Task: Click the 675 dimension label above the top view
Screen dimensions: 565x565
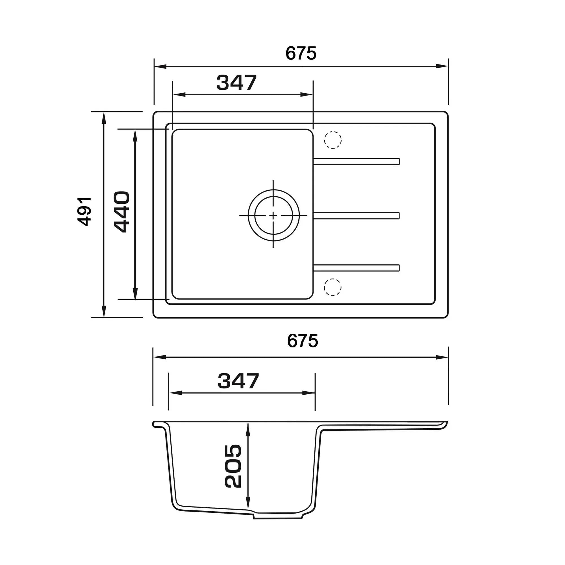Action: (x=301, y=53)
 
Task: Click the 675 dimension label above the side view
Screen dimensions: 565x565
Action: (x=302, y=341)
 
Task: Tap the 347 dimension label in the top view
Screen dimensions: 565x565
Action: (x=236, y=82)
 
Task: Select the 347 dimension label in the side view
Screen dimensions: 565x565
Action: (x=238, y=381)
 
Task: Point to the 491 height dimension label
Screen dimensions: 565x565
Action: (x=84, y=211)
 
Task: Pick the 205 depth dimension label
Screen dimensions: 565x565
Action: (x=233, y=466)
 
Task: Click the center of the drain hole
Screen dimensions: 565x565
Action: (x=273, y=216)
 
